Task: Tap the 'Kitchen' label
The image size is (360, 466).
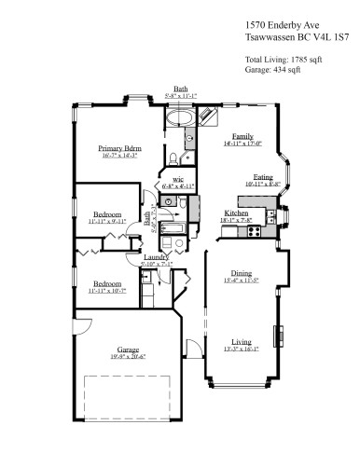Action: click(x=235, y=212)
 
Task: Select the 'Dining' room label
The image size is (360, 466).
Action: click(x=241, y=273)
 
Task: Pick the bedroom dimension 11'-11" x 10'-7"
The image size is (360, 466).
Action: click(x=106, y=291)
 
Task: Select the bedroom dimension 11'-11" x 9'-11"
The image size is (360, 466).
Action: click(x=106, y=222)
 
